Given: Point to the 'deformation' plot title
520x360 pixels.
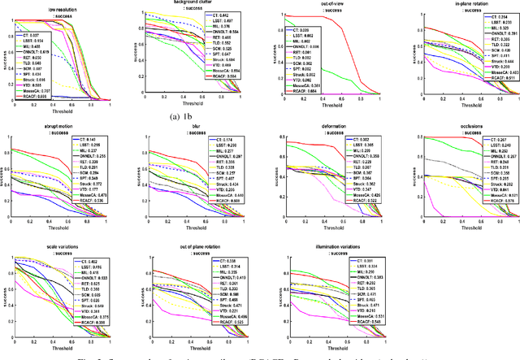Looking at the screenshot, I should [304, 128].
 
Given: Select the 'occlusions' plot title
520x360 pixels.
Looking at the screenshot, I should [432, 128].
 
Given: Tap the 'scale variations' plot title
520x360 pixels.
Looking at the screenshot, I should [55, 249].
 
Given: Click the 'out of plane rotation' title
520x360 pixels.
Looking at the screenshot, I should [177, 249].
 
